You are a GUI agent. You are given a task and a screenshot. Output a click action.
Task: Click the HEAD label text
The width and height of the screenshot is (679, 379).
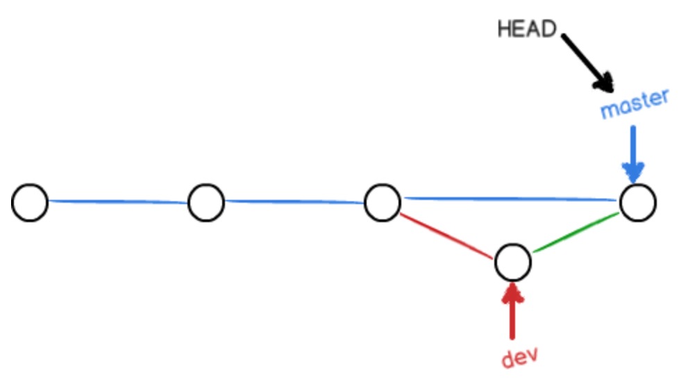pos(527,29)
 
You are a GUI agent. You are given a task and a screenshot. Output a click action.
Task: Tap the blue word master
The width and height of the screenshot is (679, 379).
pos(635,103)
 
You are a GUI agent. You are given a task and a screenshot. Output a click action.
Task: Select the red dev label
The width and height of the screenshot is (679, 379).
pos(520,357)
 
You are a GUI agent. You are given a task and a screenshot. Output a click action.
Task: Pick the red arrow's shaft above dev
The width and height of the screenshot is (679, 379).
pos(512,319)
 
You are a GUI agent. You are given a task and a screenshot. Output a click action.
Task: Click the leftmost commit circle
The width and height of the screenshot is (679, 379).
pos(29,203)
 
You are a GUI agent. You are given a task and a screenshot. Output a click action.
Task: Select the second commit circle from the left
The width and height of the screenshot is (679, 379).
pos(206,203)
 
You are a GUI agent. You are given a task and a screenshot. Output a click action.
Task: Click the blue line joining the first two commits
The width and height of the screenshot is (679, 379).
pos(118,201)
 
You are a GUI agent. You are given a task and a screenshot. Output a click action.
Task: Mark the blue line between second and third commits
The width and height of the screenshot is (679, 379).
pos(294,201)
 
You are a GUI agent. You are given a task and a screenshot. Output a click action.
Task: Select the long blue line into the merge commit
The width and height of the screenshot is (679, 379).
pos(510,199)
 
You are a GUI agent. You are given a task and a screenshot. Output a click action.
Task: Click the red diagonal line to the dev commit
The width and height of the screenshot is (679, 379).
pos(446,236)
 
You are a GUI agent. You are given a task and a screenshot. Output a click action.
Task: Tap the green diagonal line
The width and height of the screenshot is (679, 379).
pos(576,233)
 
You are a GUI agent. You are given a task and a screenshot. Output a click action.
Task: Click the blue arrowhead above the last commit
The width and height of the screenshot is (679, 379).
pos(633,172)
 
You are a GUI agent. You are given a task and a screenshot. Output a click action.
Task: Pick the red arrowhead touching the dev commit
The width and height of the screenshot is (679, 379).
pos(512,293)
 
